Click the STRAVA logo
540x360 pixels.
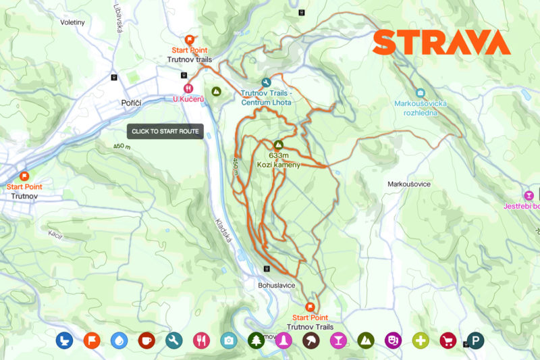click(x=441, y=43)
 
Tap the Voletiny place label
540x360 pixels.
click(x=72, y=22)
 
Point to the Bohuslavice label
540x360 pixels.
click(x=277, y=285)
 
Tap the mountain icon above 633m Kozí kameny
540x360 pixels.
click(x=278, y=145)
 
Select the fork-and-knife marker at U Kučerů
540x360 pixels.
click(x=188, y=87)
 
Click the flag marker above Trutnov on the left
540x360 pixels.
click(x=25, y=176)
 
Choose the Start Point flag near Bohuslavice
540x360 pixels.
click(x=310, y=306)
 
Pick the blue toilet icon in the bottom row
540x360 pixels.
click(x=63, y=340)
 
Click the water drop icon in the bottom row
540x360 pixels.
click(x=118, y=340)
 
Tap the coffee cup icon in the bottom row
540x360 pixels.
click(x=146, y=340)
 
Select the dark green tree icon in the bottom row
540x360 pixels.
click(x=256, y=340)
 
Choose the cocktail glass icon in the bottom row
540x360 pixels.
click(x=338, y=340)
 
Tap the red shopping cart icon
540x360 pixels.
click(x=448, y=340)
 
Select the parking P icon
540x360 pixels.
click(x=476, y=340)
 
